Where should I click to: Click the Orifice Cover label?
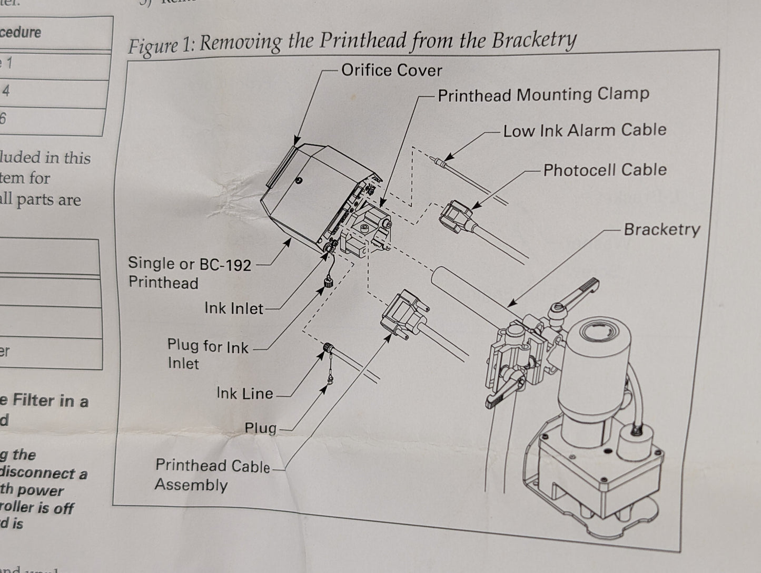pyautogui.click(x=391, y=70)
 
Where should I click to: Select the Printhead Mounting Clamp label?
pyautogui.click(x=543, y=95)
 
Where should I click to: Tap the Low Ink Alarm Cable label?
pyautogui.click(x=585, y=130)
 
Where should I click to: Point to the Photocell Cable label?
pyautogui.click(x=605, y=170)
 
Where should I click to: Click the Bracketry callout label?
pyautogui.click(x=661, y=229)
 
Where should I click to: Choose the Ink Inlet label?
pyautogui.click(x=233, y=308)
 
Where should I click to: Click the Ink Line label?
pyautogui.click(x=244, y=393)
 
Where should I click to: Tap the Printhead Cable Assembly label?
pyautogui.click(x=212, y=474)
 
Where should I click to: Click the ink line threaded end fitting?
pyautogui.click(x=328, y=348)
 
